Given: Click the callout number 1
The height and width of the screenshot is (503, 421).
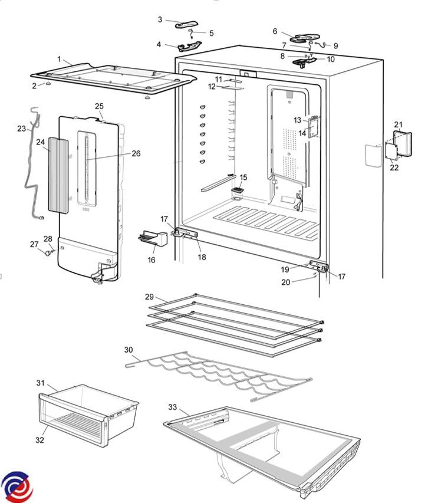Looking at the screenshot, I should click(59, 59).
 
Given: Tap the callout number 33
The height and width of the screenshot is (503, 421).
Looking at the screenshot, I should click(172, 407).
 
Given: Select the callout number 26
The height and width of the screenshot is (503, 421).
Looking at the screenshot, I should click(136, 153).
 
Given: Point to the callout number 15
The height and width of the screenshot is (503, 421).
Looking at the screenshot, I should click(244, 177).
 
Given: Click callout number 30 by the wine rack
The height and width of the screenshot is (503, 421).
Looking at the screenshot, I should click(129, 350).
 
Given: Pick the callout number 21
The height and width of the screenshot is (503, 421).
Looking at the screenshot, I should click(398, 124).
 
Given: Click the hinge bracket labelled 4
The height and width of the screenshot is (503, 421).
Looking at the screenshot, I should click(188, 46).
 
